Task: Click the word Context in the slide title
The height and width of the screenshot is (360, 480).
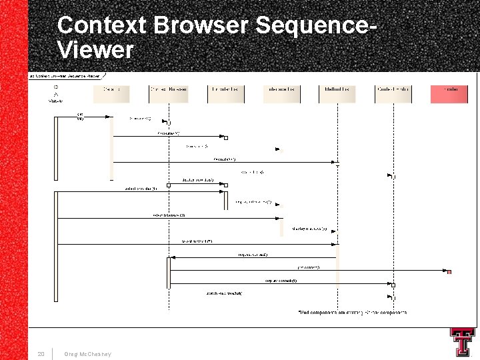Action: click(102, 25)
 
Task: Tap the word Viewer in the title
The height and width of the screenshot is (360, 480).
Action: click(95, 50)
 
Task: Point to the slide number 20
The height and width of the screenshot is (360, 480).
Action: click(41, 353)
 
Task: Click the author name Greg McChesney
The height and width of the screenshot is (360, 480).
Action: click(88, 353)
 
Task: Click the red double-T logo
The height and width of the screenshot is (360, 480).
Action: click(462, 342)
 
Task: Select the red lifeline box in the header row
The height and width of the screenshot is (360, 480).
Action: click(449, 93)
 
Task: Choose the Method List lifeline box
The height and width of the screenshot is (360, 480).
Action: click(337, 93)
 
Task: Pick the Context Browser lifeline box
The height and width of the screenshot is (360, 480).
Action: click(168, 93)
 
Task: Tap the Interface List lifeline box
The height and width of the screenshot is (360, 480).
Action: click(281, 93)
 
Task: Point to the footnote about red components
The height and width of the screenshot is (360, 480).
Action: click(352, 312)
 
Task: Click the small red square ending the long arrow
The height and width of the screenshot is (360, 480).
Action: click(449, 271)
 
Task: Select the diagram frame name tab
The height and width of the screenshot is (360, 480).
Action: click(65, 75)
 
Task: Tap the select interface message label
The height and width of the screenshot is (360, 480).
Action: click(169, 215)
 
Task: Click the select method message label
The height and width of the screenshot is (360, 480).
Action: click(196, 241)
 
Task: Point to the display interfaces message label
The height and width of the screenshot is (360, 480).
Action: click(309, 229)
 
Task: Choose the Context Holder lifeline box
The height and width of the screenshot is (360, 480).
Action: click(393, 93)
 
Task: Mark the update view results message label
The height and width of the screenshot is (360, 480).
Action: click(224, 293)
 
